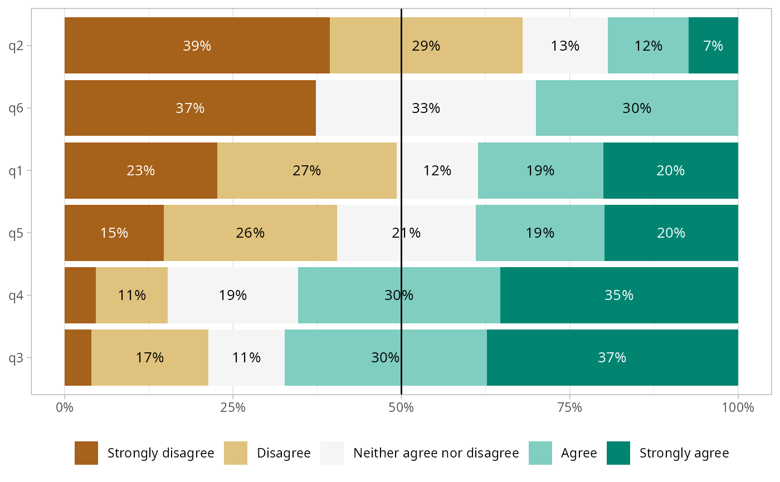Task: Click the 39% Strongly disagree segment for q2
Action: [197, 46]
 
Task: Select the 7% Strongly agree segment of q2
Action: [713, 46]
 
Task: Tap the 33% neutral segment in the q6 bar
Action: [426, 108]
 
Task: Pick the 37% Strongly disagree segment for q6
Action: [190, 108]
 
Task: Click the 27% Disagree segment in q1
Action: [306, 170]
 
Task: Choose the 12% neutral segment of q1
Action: [437, 170]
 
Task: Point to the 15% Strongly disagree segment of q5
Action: [114, 233]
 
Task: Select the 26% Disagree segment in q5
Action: [250, 233]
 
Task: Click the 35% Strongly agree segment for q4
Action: [619, 295]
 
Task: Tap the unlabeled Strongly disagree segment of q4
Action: [80, 295]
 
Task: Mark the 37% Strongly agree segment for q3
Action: [612, 357]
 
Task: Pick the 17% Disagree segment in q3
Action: [149, 357]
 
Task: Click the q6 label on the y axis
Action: [16, 108]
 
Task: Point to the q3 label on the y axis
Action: [16, 357]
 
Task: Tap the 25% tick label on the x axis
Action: [233, 407]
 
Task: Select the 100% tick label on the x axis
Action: [738, 407]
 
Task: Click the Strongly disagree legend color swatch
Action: [86, 453]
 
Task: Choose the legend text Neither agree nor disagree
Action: [436, 453]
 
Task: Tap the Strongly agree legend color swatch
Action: [618, 453]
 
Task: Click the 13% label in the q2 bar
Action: [565, 46]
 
